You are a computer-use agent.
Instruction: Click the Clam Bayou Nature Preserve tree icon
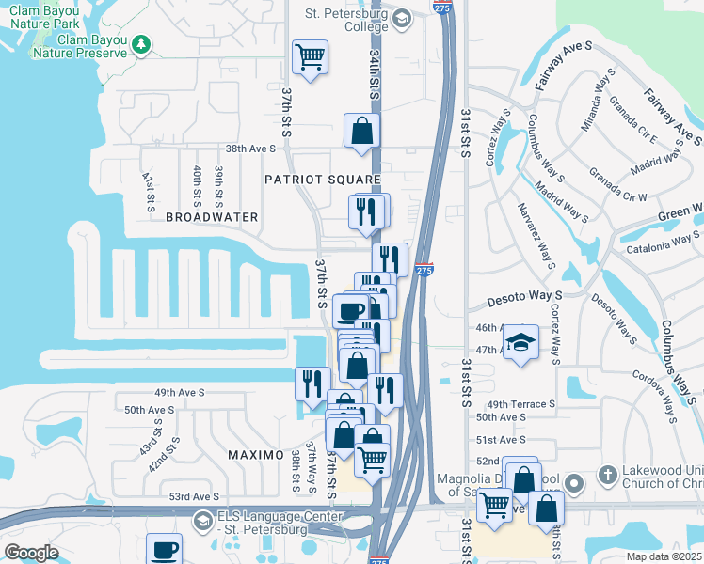141,44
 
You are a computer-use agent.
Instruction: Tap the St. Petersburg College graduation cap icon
402,18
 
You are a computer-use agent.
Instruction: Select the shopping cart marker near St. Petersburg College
310,58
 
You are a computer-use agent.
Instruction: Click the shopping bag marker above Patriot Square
361,133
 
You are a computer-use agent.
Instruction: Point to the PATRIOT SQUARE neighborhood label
322,179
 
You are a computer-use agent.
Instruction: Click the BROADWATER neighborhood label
212,217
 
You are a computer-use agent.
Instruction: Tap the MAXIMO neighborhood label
256,455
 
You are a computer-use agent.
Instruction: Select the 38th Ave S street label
249,149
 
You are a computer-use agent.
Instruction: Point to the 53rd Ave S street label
193,496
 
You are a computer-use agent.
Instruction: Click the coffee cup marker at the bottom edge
165,550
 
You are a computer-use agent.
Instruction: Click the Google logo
31,553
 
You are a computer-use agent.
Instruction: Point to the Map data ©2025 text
664,556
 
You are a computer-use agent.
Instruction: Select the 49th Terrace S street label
521,403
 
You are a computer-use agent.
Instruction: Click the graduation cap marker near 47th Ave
520,343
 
